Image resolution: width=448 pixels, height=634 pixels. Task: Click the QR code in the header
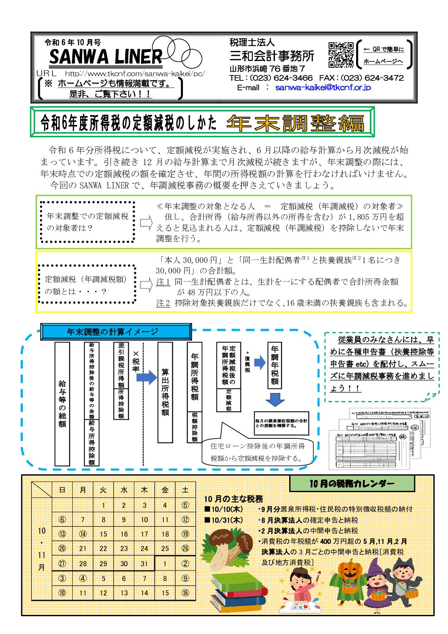point(341,55)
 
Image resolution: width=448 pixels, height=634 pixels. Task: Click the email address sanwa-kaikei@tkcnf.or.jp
point(323,87)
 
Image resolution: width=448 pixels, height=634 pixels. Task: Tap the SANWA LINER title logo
point(105,56)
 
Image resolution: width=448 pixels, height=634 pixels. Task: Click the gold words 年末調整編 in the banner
point(295,123)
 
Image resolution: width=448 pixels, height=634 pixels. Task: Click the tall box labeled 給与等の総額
point(62,404)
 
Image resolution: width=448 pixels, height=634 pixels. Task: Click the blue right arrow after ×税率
point(147,377)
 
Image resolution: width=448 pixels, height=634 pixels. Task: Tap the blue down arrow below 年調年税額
point(275,399)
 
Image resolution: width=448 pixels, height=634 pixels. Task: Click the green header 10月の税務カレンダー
point(352,483)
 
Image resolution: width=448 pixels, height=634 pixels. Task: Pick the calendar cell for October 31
point(144,564)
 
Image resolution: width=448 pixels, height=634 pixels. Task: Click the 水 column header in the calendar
point(124,490)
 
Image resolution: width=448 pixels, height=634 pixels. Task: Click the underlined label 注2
point(163,303)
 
